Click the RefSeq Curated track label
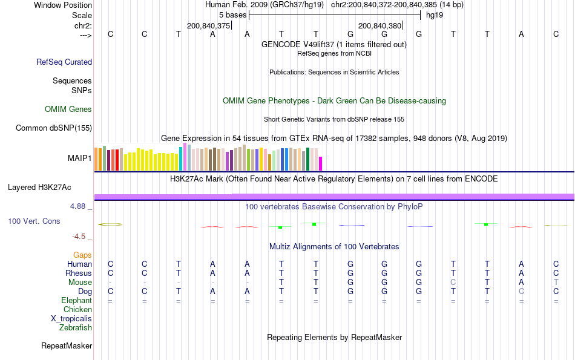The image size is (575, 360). pos(64,62)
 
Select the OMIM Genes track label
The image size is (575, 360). pos(68,110)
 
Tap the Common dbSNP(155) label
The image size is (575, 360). pos(54,128)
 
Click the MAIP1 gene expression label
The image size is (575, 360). pos(80,159)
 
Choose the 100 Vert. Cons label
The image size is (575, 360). pos(34,221)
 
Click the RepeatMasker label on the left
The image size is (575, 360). pos(67,346)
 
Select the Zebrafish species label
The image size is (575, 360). pos(76,328)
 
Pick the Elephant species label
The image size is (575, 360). pos(76,301)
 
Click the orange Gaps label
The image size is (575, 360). pos(82,255)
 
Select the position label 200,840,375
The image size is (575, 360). pos(209,25)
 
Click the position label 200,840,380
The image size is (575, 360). pos(380,25)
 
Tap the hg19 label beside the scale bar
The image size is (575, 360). pos(435,15)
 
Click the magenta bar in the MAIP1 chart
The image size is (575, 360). pos(321,164)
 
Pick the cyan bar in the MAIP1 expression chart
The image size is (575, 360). pos(180,159)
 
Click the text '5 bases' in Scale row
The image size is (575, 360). pos(232,15)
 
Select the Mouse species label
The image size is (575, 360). pos(80,283)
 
